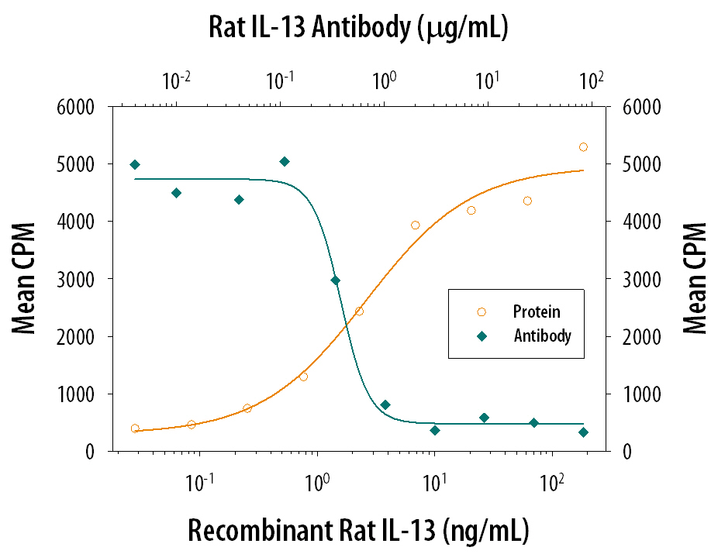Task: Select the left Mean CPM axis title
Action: coord(26,278)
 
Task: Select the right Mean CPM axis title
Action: coord(695,278)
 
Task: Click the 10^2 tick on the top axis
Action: coord(591,81)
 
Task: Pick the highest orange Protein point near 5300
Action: coord(583,147)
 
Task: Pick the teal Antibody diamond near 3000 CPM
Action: coord(335,280)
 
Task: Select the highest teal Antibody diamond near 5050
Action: coord(285,161)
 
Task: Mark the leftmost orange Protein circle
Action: coord(135,428)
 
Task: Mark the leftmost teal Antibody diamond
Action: coord(135,164)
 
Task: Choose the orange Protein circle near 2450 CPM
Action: coord(359,311)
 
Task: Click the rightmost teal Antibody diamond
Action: coord(583,432)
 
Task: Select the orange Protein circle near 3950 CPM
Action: coord(415,225)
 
